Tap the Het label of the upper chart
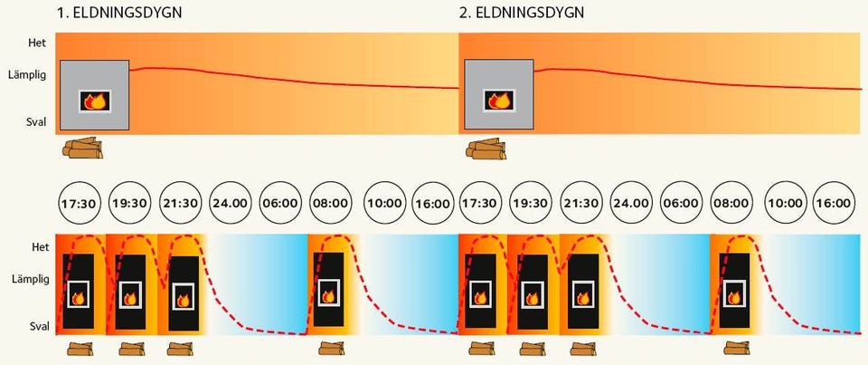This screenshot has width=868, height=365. [x=35, y=42]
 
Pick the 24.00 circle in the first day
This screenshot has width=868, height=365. [x=230, y=203]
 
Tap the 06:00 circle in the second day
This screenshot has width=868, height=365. [x=680, y=203]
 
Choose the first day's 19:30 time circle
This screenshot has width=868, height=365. [x=129, y=203]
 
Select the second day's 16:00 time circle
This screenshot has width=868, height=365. [x=833, y=203]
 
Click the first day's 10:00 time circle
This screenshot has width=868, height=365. [x=384, y=203]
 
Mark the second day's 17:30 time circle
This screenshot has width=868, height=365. [x=480, y=203]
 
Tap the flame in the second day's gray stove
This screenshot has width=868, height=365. [x=497, y=100]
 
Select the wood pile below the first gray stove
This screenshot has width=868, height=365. [x=82, y=148]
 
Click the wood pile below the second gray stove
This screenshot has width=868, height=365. [x=486, y=148]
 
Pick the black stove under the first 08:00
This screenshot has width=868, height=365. [x=328, y=289]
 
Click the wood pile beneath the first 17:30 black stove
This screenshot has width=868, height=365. [x=80, y=350]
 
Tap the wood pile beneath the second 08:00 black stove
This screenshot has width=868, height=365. [x=734, y=350]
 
